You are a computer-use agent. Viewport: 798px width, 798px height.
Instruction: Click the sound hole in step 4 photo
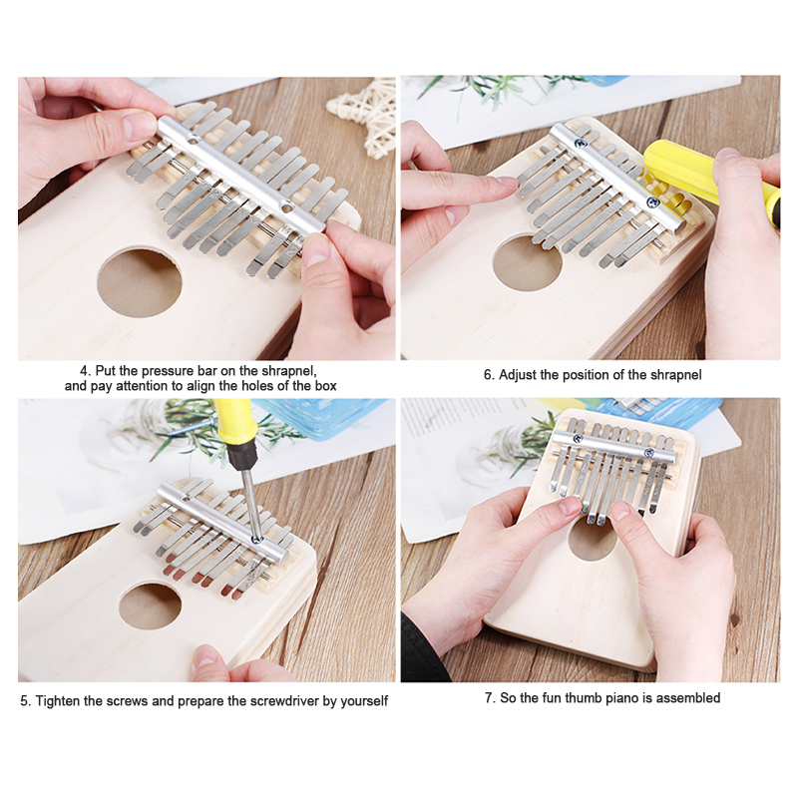pyautogui.click(x=140, y=282)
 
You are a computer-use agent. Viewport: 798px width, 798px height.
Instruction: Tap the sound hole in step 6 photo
pyautogui.click(x=528, y=262)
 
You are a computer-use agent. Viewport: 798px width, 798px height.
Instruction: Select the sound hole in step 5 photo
pyautogui.click(x=151, y=606)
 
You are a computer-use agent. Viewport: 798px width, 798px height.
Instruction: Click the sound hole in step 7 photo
pyautogui.click(x=592, y=539)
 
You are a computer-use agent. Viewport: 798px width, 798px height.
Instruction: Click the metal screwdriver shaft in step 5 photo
pyautogui.click(x=251, y=504)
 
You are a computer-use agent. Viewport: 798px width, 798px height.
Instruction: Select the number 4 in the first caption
pyautogui.click(x=84, y=370)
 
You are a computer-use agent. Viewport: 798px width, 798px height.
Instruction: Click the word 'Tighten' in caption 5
pyautogui.click(x=57, y=701)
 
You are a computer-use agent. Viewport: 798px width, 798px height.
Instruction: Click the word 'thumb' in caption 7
pyautogui.click(x=584, y=697)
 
